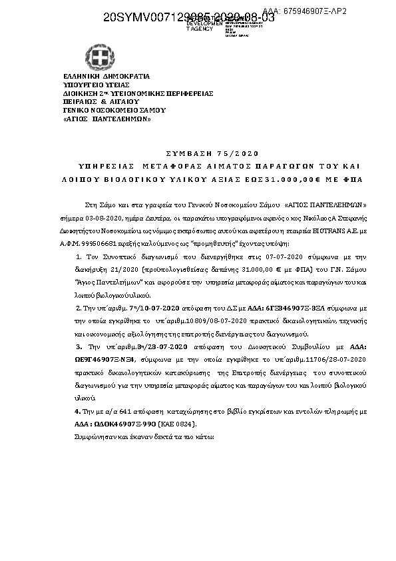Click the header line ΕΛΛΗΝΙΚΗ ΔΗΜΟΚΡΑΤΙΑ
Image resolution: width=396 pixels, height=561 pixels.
pyautogui.click(x=106, y=77)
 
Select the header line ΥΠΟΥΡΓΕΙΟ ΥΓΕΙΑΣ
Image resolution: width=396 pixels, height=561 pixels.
pyautogui.click(x=95, y=85)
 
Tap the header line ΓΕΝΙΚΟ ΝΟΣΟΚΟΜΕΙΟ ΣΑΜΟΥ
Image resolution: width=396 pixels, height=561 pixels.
pyautogui.click(x=114, y=111)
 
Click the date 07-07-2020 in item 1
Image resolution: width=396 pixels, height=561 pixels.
pyautogui.click(x=272, y=257)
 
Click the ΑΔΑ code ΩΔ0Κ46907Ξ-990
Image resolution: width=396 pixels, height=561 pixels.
pyautogui.click(x=122, y=424)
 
